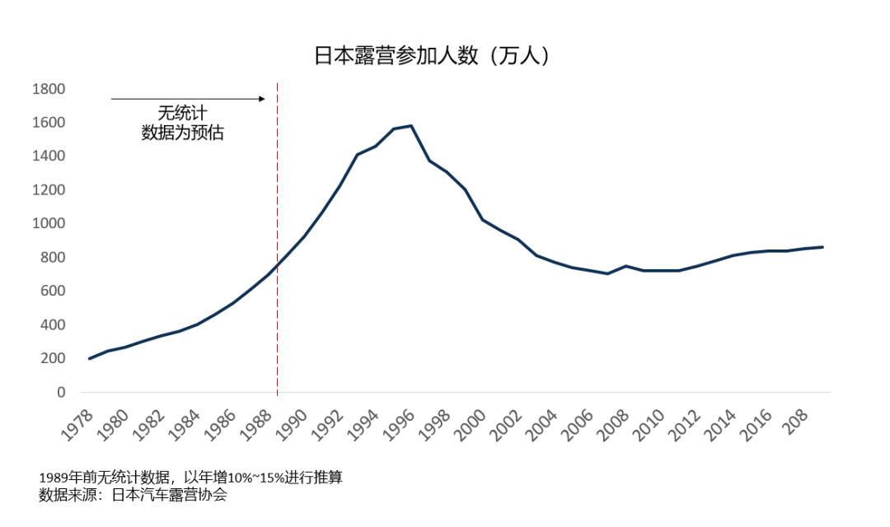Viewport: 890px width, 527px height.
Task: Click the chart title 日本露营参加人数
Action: point(431,56)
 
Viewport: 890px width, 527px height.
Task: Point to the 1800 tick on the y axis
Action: point(49,89)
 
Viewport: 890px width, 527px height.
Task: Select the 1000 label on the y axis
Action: point(49,224)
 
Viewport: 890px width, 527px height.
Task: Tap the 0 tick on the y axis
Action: point(60,393)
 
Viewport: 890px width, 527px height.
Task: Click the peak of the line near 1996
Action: point(411,126)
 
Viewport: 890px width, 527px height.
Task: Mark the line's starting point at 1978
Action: point(89,358)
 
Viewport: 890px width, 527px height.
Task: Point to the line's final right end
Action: point(822,247)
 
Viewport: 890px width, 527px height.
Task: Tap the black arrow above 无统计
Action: point(188,99)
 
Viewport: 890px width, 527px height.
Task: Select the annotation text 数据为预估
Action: point(183,133)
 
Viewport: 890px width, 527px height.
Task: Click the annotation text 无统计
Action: point(183,114)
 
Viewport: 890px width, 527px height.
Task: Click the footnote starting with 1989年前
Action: point(190,478)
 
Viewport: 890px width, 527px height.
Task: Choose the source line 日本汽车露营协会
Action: point(133,495)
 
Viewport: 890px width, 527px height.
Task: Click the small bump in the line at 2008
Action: point(626,266)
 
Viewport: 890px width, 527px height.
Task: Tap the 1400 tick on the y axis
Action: point(49,156)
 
